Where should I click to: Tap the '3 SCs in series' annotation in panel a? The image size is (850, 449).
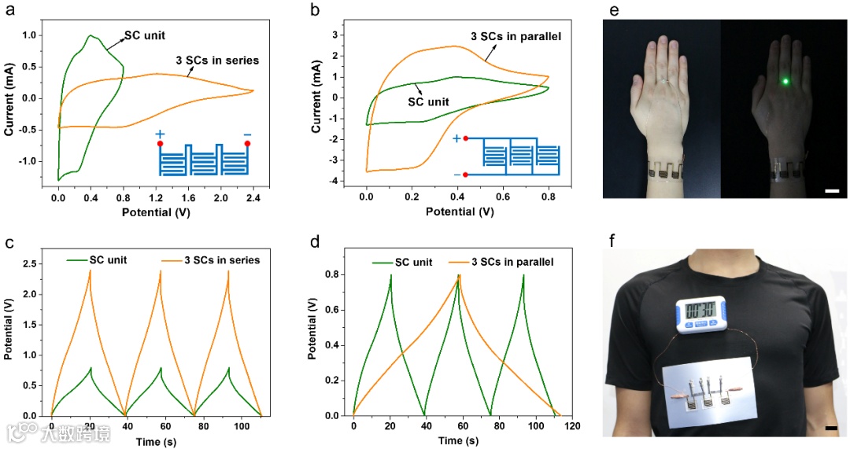point(217,60)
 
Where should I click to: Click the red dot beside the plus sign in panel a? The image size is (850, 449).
point(160,144)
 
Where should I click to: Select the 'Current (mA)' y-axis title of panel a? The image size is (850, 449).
point(10,98)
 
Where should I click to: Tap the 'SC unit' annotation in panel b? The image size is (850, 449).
point(427,102)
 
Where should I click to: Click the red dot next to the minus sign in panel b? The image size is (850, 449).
point(465,175)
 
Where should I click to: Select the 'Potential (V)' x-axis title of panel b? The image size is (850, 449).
point(460,212)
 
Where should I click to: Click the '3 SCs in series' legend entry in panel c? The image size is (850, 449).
point(213,260)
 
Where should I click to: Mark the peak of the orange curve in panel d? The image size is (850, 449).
point(458,276)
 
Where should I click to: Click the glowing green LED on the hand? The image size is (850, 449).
point(785,81)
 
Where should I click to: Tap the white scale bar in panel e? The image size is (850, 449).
point(833,191)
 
